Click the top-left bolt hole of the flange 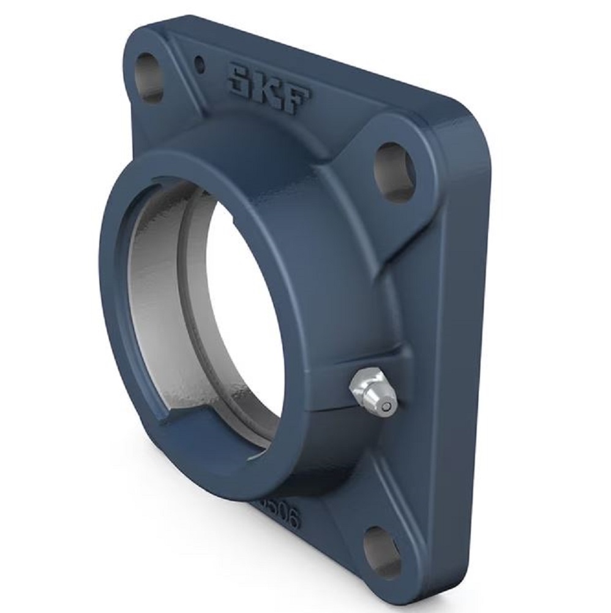coord(149,77)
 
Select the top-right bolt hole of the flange coord(394,172)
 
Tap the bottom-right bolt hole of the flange coord(382,552)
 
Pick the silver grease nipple coord(372,393)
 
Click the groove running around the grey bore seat coord(184,294)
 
